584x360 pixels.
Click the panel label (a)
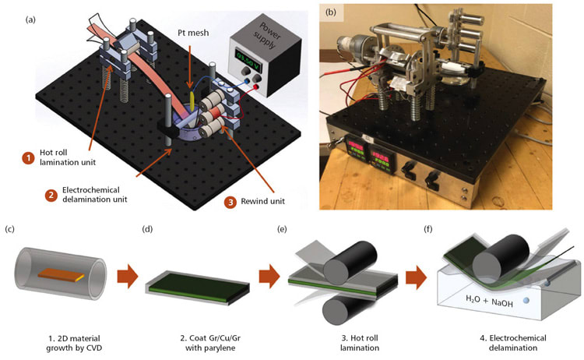coord(11,9)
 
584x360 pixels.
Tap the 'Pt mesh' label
coord(190,35)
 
